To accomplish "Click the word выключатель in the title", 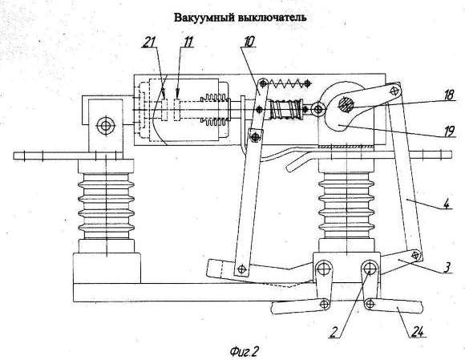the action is (273, 18).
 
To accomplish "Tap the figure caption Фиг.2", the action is (244, 352).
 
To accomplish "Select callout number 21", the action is (150, 42).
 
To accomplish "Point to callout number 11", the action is (188, 42).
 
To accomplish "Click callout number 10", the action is (249, 42).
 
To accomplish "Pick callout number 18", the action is (449, 95).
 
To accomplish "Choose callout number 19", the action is (449, 131).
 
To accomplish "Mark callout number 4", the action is (447, 204).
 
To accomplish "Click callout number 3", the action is (447, 267).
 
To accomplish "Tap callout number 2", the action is (334, 332).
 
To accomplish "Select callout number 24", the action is (417, 332).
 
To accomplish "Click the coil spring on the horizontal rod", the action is (285, 109).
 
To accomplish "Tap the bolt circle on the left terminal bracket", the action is (105, 126).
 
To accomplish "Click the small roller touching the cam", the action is (318, 109).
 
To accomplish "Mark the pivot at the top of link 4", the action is (394, 90).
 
